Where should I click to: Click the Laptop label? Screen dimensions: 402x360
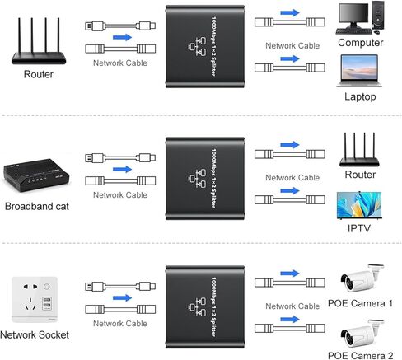[x=360, y=96]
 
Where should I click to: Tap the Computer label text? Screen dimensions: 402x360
[x=361, y=43]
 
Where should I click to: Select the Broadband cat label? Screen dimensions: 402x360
[x=37, y=207]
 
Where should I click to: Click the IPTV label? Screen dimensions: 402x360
[x=359, y=228]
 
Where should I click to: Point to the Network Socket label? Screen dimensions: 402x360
[x=35, y=334]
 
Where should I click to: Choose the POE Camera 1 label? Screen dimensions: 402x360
[x=360, y=303]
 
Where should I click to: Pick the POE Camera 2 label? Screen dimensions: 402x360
[x=360, y=355]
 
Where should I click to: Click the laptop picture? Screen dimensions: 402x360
[x=359, y=71]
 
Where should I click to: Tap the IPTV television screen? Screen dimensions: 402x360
[x=359, y=205]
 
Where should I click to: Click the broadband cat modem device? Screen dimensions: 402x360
[x=36, y=175]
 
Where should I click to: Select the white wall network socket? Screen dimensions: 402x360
[x=35, y=299]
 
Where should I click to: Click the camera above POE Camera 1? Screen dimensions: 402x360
[x=362, y=278]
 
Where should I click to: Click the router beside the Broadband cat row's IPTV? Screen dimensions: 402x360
[x=359, y=150]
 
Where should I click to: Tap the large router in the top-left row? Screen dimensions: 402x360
[x=39, y=41]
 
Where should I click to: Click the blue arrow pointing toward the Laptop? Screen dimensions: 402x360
[x=290, y=58]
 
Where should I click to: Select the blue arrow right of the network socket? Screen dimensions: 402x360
[x=122, y=297]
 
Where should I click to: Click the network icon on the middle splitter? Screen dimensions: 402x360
[x=197, y=179]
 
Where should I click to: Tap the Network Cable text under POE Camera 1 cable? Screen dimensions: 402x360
[x=292, y=306]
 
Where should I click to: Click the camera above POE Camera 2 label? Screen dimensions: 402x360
[x=362, y=333]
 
